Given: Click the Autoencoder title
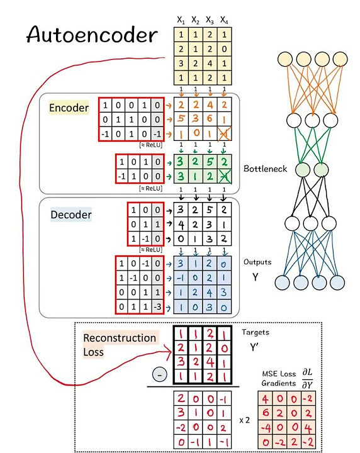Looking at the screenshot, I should point(91,35).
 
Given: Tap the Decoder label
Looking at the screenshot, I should point(70,215).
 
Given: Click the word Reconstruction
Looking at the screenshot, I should point(120,338).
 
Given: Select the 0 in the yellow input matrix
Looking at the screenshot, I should point(224,50).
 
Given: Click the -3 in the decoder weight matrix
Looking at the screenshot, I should point(156,309).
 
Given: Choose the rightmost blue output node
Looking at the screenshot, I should point(338,282).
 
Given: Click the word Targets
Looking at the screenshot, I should point(256,331).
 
